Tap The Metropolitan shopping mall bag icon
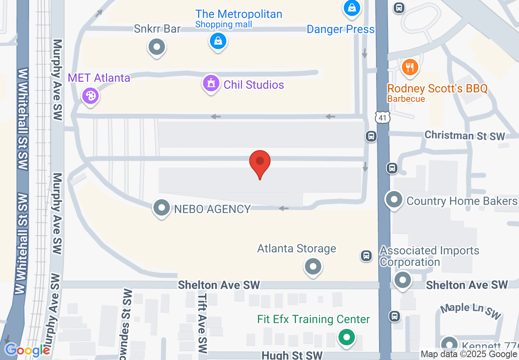coord(218,41)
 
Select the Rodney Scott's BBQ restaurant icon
coord(410,67)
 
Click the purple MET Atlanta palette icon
coord(90,96)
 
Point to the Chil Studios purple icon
coord(211,84)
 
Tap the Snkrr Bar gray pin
coord(156,46)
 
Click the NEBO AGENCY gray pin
coord(162,208)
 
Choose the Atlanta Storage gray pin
coord(313,267)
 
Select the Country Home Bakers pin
coord(394,200)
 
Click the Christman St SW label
coord(465,135)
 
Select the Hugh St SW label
coord(292,355)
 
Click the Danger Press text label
coord(341,29)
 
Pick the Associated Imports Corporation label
coord(429,256)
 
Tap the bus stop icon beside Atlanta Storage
coord(366,256)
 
